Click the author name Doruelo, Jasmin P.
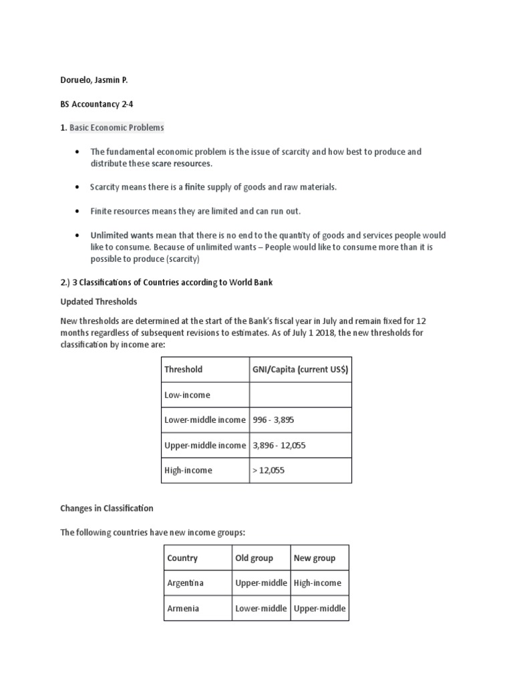pos(94,79)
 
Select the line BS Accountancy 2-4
pos(94,104)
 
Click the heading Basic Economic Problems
pos(117,128)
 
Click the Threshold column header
pos(183,369)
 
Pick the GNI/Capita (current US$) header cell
pos(300,369)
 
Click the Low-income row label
pos(187,395)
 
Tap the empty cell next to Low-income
pos(300,395)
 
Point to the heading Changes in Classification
pos(107,508)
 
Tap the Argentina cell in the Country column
pos(186,583)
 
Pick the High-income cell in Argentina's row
pos(318,583)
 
